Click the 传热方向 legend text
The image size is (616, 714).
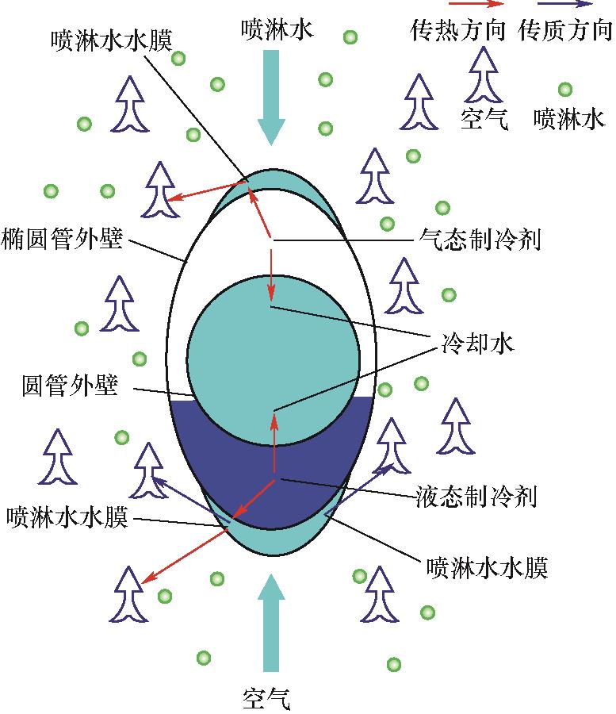coord(457,30)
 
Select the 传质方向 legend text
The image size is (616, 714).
coord(564,30)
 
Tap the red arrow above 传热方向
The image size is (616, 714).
coord(476,4)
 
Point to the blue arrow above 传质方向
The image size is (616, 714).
coord(564,4)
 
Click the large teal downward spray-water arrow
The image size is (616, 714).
coord(272,98)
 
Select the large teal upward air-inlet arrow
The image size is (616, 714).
coord(272,623)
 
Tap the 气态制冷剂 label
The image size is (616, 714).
coord(480,239)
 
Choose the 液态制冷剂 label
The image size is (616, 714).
coord(476,496)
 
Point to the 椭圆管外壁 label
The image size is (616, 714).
coord(62,238)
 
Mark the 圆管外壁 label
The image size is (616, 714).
coord(70,386)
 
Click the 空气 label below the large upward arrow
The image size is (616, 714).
coord(266,699)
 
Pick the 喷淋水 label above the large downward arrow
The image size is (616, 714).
coord(277,29)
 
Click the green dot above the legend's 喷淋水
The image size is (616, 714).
coord(565,89)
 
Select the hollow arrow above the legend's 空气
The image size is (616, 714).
coord(483,75)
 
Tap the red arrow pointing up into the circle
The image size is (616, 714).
coord(274,442)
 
